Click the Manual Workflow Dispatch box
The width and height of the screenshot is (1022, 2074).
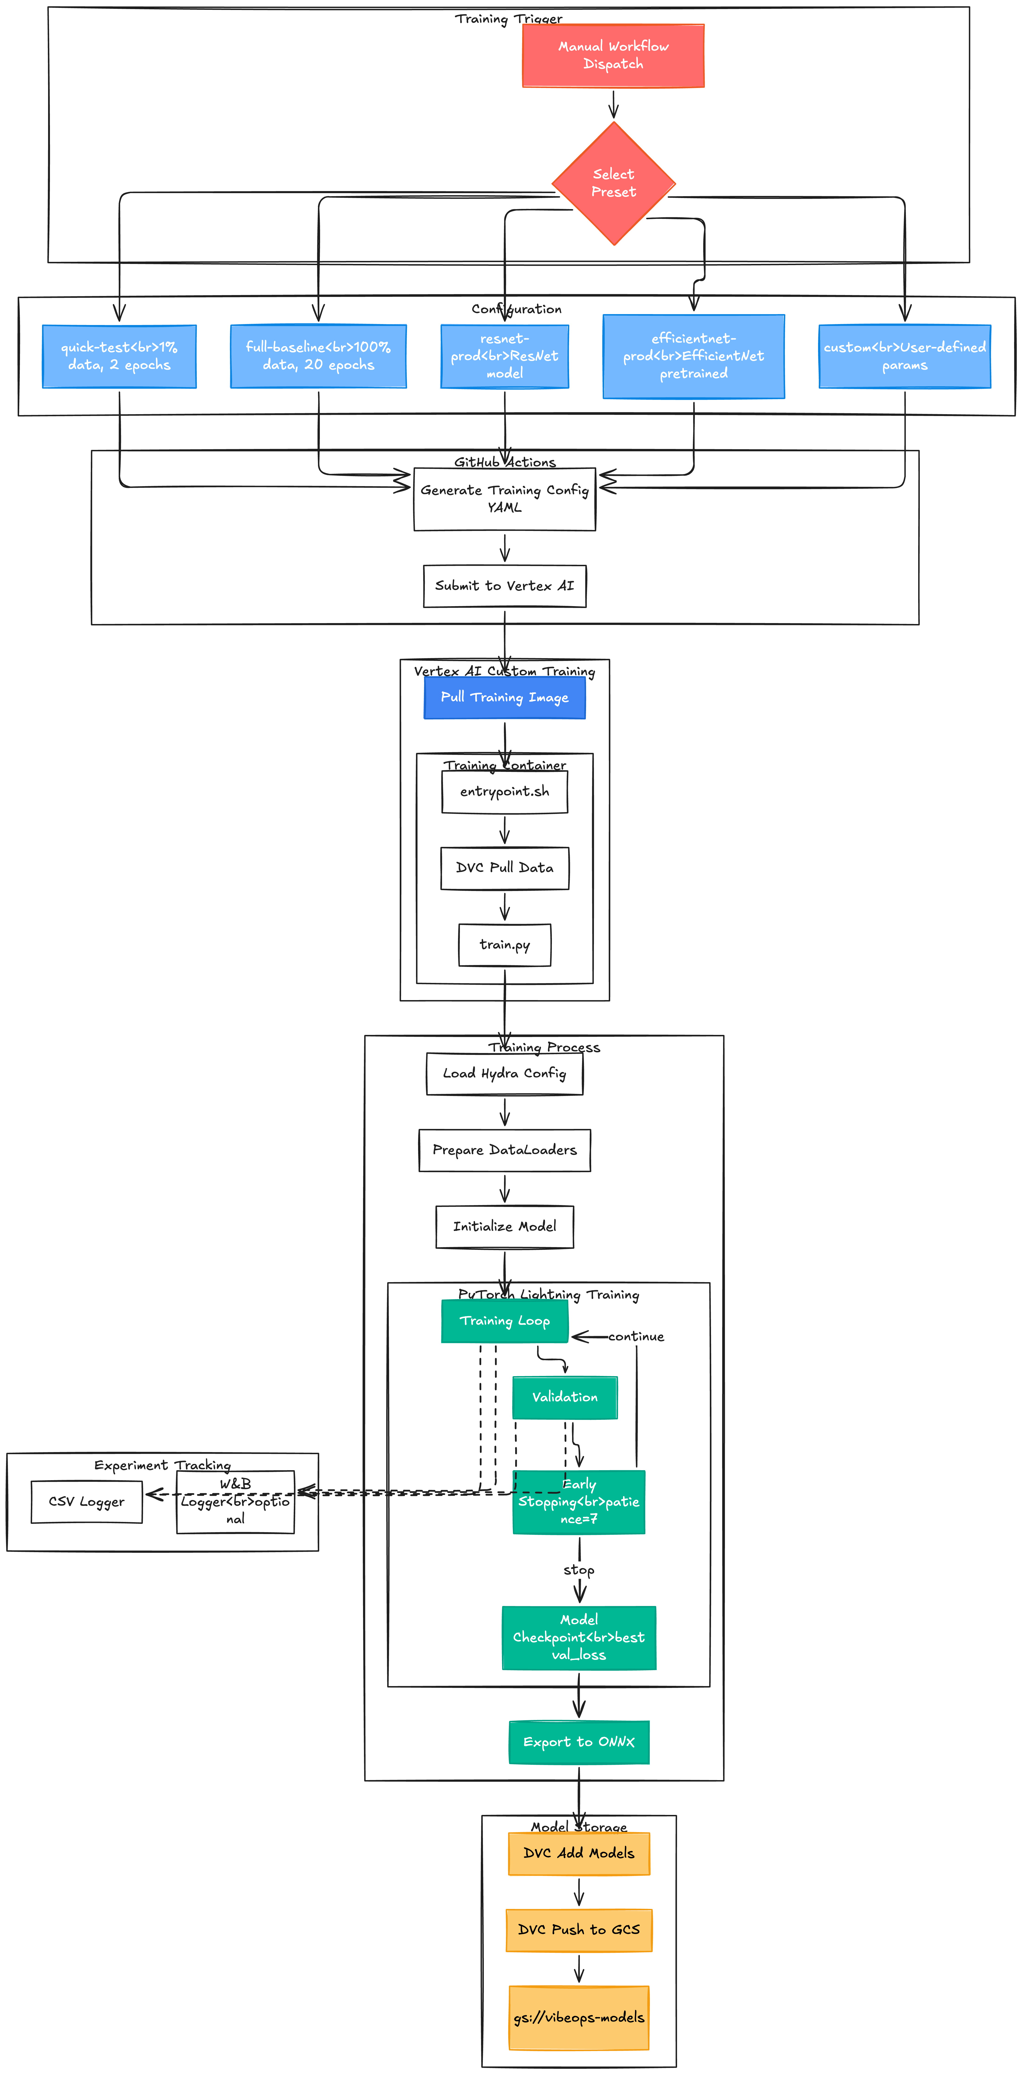point(613,55)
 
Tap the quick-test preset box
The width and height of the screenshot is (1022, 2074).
point(119,356)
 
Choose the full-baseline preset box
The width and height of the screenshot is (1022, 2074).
point(318,356)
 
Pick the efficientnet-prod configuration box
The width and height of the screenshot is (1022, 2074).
point(693,356)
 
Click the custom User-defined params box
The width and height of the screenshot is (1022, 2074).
point(904,356)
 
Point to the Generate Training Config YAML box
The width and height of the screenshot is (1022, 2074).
point(504,498)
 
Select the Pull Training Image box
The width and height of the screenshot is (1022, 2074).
point(504,697)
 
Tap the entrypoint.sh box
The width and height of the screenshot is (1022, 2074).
point(504,791)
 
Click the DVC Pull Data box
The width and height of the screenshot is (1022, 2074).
point(504,868)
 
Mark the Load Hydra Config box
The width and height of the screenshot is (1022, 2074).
point(504,1073)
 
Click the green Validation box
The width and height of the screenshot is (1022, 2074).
point(565,1397)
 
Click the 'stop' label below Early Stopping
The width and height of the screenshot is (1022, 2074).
point(578,1570)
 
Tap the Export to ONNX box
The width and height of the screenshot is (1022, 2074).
point(578,1742)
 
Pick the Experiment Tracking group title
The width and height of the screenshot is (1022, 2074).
point(162,1465)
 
